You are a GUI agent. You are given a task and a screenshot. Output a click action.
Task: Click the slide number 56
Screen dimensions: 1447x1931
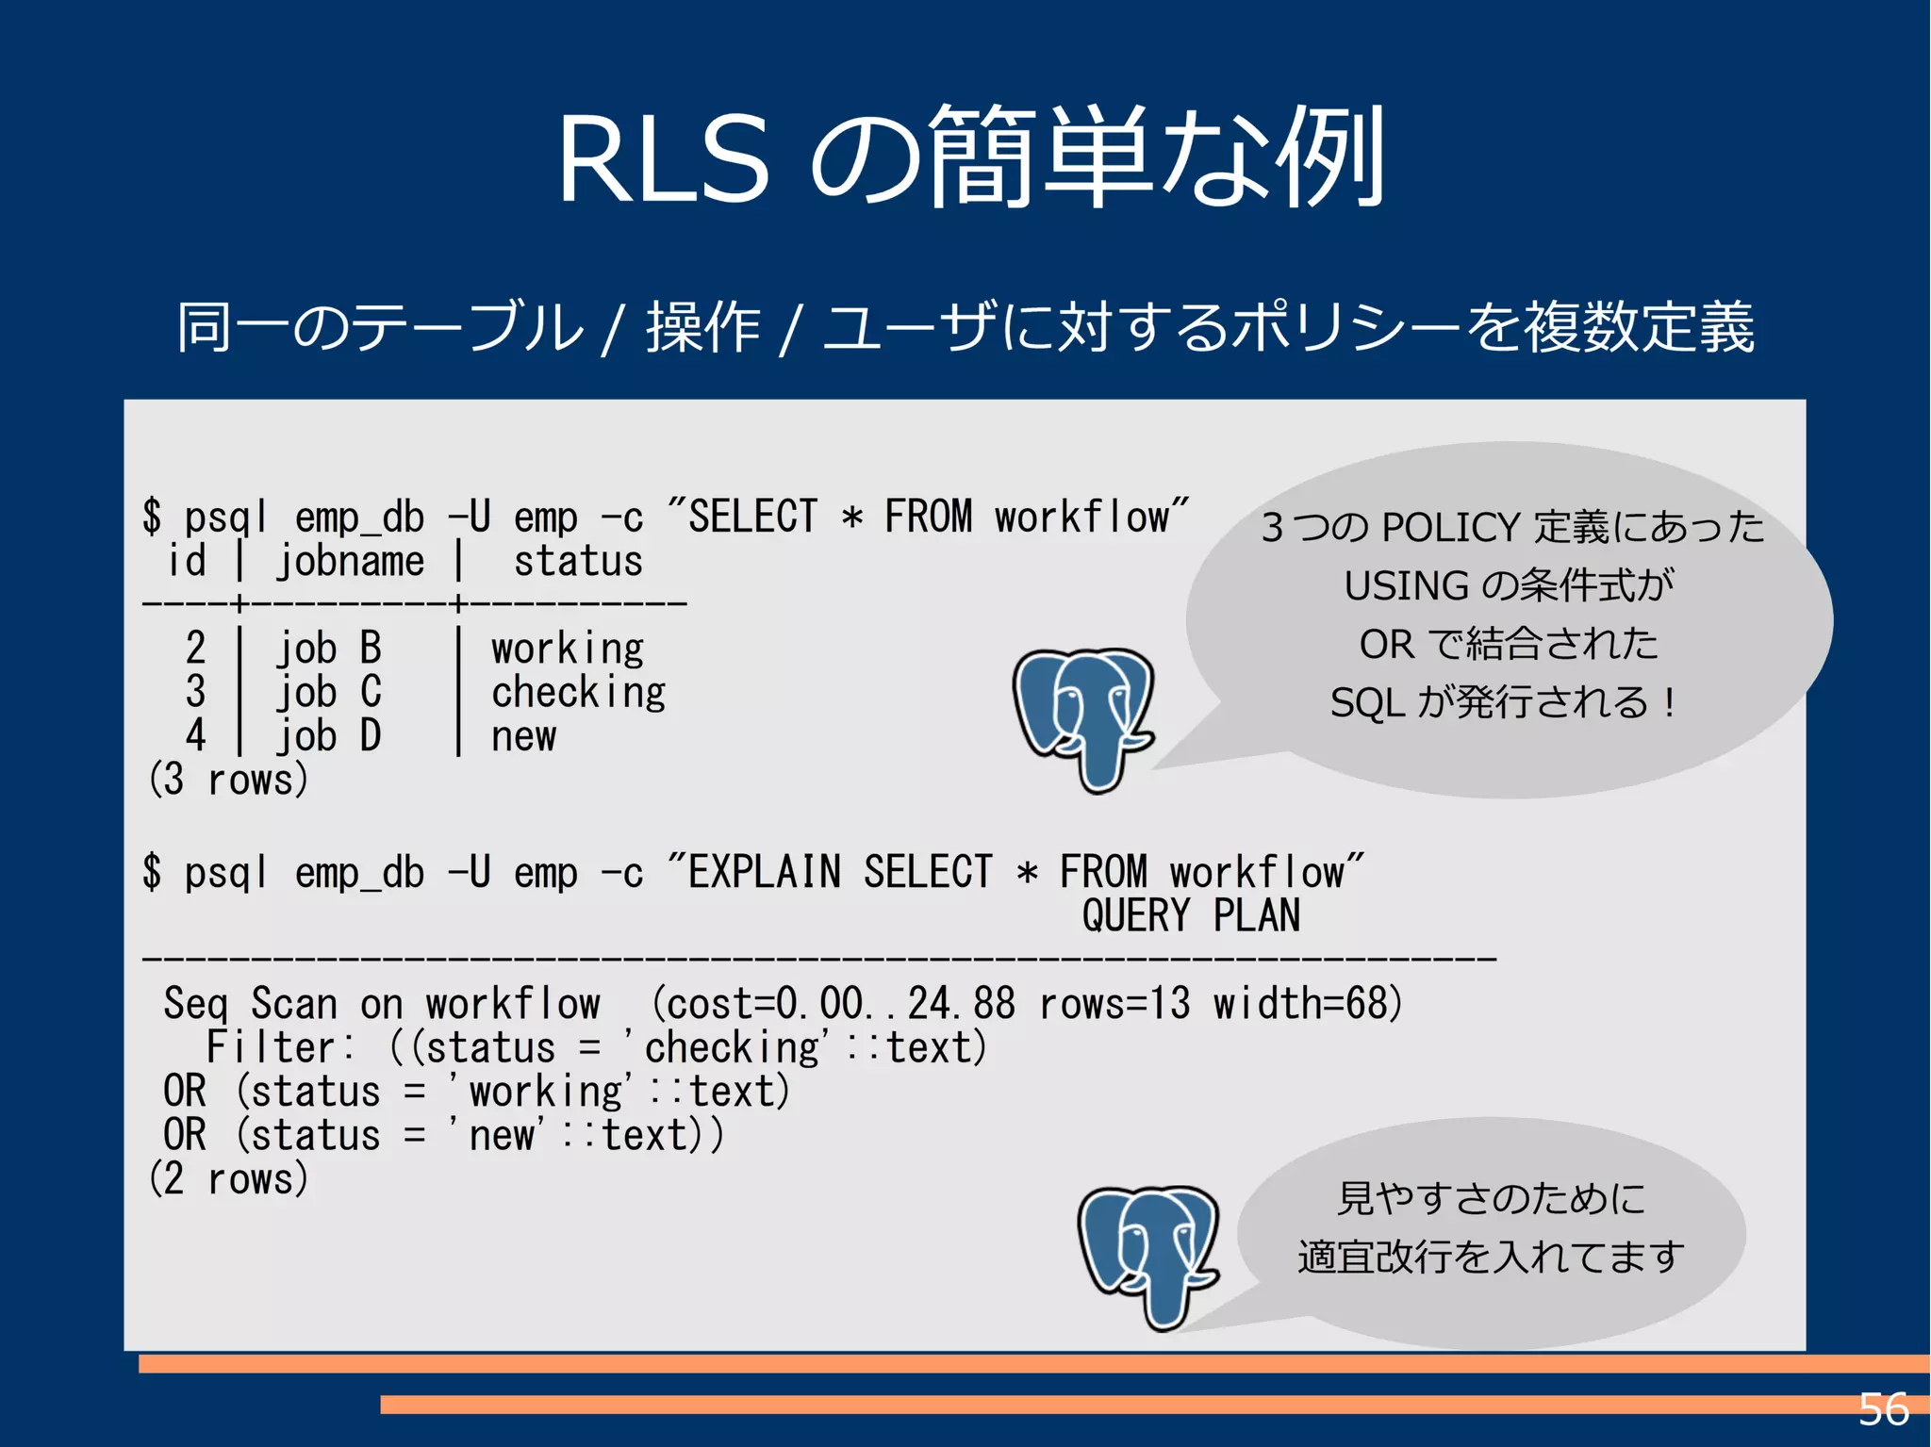[x=1883, y=1409]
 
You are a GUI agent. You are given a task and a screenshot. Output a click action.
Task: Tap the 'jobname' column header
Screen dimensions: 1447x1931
[x=350, y=562]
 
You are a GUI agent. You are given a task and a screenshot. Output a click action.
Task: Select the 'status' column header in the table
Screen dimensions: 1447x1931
[x=578, y=562]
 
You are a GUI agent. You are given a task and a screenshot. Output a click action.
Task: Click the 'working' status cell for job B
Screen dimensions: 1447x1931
[x=568, y=649]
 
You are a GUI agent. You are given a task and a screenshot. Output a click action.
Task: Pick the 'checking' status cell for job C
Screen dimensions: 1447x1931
[x=578, y=693]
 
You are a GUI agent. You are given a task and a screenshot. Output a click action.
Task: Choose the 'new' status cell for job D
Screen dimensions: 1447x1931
[x=523, y=736]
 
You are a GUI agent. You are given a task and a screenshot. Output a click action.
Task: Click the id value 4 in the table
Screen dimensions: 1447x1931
[x=195, y=735]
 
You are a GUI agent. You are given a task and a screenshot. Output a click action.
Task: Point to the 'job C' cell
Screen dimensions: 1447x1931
[x=328, y=693]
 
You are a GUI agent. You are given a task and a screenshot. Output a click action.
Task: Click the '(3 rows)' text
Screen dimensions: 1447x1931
[x=228, y=780]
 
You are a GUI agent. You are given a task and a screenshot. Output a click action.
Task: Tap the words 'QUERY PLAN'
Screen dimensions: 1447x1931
[x=1191, y=915]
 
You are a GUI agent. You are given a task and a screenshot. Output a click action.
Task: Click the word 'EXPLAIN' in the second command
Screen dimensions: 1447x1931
[x=764, y=872]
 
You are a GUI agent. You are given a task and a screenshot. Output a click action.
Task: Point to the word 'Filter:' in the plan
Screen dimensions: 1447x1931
[x=280, y=1047]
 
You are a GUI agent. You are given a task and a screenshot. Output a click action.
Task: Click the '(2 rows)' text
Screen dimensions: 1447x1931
[x=228, y=1178]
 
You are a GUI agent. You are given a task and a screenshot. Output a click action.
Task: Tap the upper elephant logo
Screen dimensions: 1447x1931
[x=1084, y=718]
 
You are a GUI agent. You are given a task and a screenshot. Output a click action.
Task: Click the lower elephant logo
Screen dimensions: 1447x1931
[x=1148, y=1256]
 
